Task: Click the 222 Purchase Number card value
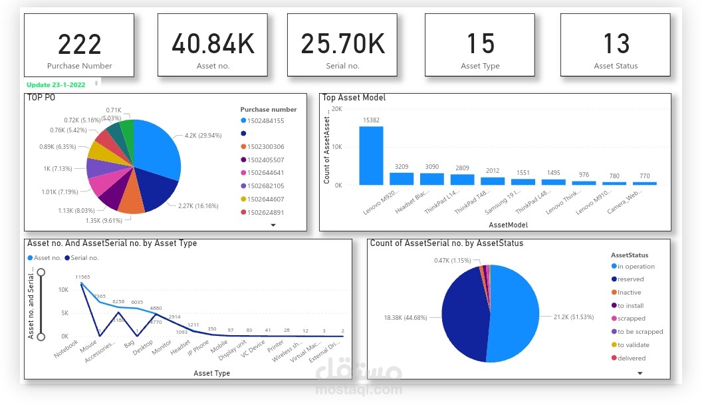pos(79,44)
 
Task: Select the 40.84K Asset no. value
pos(213,44)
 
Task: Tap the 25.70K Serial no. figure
pos(342,44)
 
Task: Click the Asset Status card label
pos(616,66)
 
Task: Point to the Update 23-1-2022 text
pos(56,84)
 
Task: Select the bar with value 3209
pos(402,179)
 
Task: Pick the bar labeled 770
pos(644,183)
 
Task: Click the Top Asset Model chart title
pos(354,98)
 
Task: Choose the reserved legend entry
pos(630,279)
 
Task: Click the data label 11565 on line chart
pos(82,277)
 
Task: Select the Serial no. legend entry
pos(82,257)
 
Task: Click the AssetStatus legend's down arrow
pos(640,373)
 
